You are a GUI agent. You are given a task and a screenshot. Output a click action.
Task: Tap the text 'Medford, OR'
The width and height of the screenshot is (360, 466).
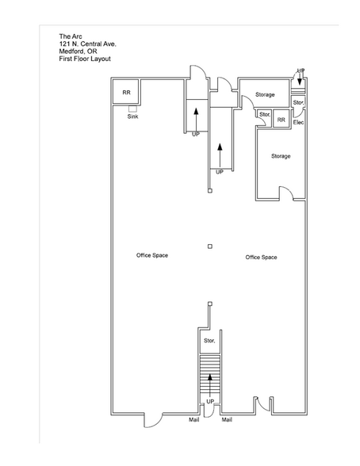point(77,52)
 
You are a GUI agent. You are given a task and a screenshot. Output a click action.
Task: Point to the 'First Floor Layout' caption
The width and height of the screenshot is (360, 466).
point(85,59)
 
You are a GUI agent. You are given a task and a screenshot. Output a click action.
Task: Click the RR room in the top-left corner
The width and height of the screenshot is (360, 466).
point(126,93)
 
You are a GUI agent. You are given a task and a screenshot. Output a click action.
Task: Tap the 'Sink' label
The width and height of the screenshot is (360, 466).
point(133,116)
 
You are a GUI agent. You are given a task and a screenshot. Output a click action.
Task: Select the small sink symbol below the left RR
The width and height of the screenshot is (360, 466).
point(132,109)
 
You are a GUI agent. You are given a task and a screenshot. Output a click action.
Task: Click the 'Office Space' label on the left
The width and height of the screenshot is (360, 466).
point(151,255)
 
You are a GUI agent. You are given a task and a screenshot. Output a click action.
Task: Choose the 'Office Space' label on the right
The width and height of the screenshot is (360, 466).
point(261,258)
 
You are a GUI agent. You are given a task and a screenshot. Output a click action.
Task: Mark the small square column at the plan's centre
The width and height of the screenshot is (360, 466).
point(209,246)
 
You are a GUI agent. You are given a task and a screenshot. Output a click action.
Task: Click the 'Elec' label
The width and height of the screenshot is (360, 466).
point(299,122)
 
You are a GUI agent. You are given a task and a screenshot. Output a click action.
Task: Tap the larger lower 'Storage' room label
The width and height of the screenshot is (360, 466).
point(281,156)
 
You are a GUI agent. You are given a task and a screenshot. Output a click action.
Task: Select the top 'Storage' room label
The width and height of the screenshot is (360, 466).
point(265,94)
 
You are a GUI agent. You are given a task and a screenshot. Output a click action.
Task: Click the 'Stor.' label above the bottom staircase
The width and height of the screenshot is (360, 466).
point(209,340)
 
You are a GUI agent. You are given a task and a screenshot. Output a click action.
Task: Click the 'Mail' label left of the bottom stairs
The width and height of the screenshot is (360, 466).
point(193,419)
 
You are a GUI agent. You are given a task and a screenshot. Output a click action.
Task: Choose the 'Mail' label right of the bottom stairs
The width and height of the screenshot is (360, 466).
point(227,419)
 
